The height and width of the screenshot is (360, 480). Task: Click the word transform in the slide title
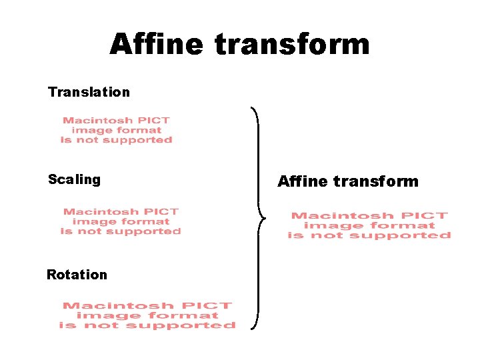click(x=292, y=45)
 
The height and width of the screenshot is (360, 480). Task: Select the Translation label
click(x=89, y=92)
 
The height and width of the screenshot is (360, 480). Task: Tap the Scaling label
click(x=74, y=179)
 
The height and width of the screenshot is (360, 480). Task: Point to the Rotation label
click(x=77, y=275)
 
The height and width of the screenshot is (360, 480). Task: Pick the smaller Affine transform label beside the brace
click(x=347, y=181)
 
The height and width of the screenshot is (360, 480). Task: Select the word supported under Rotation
click(x=181, y=325)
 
